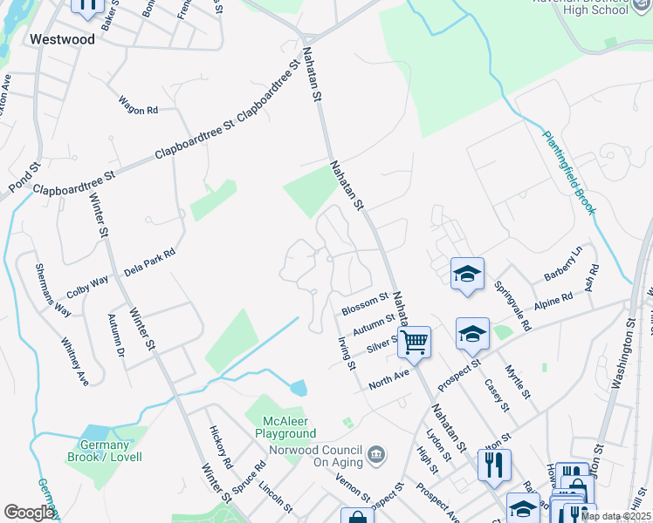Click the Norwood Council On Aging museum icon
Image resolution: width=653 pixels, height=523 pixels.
(376, 453)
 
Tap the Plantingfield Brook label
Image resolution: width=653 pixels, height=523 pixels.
(569, 173)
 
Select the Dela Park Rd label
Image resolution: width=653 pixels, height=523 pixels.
(149, 260)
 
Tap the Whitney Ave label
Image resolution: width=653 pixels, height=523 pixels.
(75, 363)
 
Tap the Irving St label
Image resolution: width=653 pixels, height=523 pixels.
(346, 353)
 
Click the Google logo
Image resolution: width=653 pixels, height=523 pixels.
(29, 513)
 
